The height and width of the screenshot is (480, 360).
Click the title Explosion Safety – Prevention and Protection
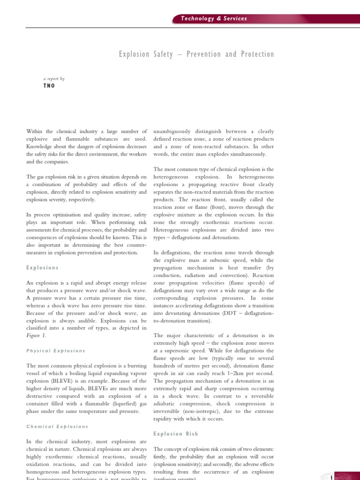pos(196,54)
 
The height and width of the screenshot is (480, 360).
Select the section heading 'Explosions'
pos(43,268)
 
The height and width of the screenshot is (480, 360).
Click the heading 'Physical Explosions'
pos(55,351)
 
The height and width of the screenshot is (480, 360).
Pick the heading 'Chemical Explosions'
pos(57,427)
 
